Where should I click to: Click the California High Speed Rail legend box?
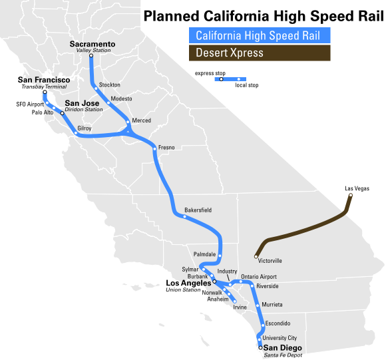[x=260, y=36]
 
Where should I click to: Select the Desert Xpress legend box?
[x=260, y=53]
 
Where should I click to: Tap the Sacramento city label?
[x=93, y=44]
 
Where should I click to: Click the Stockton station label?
[x=110, y=85]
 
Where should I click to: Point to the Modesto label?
[x=122, y=98]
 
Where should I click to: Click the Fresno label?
[x=166, y=147]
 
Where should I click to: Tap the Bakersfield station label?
[x=198, y=210]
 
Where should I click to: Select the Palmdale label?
[x=204, y=254]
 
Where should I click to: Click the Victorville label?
[x=270, y=261]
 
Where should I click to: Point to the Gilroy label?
[x=85, y=127]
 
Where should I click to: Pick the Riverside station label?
[x=268, y=286]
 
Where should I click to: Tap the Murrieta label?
[x=272, y=304]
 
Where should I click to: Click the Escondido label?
[x=278, y=323]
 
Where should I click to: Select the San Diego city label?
[x=283, y=348]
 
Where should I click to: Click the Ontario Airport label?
[x=259, y=277]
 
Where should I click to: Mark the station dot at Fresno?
[x=154, y=149]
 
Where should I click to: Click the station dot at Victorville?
[x=256, y=256]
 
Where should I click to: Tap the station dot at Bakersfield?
[x=185, y=216]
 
